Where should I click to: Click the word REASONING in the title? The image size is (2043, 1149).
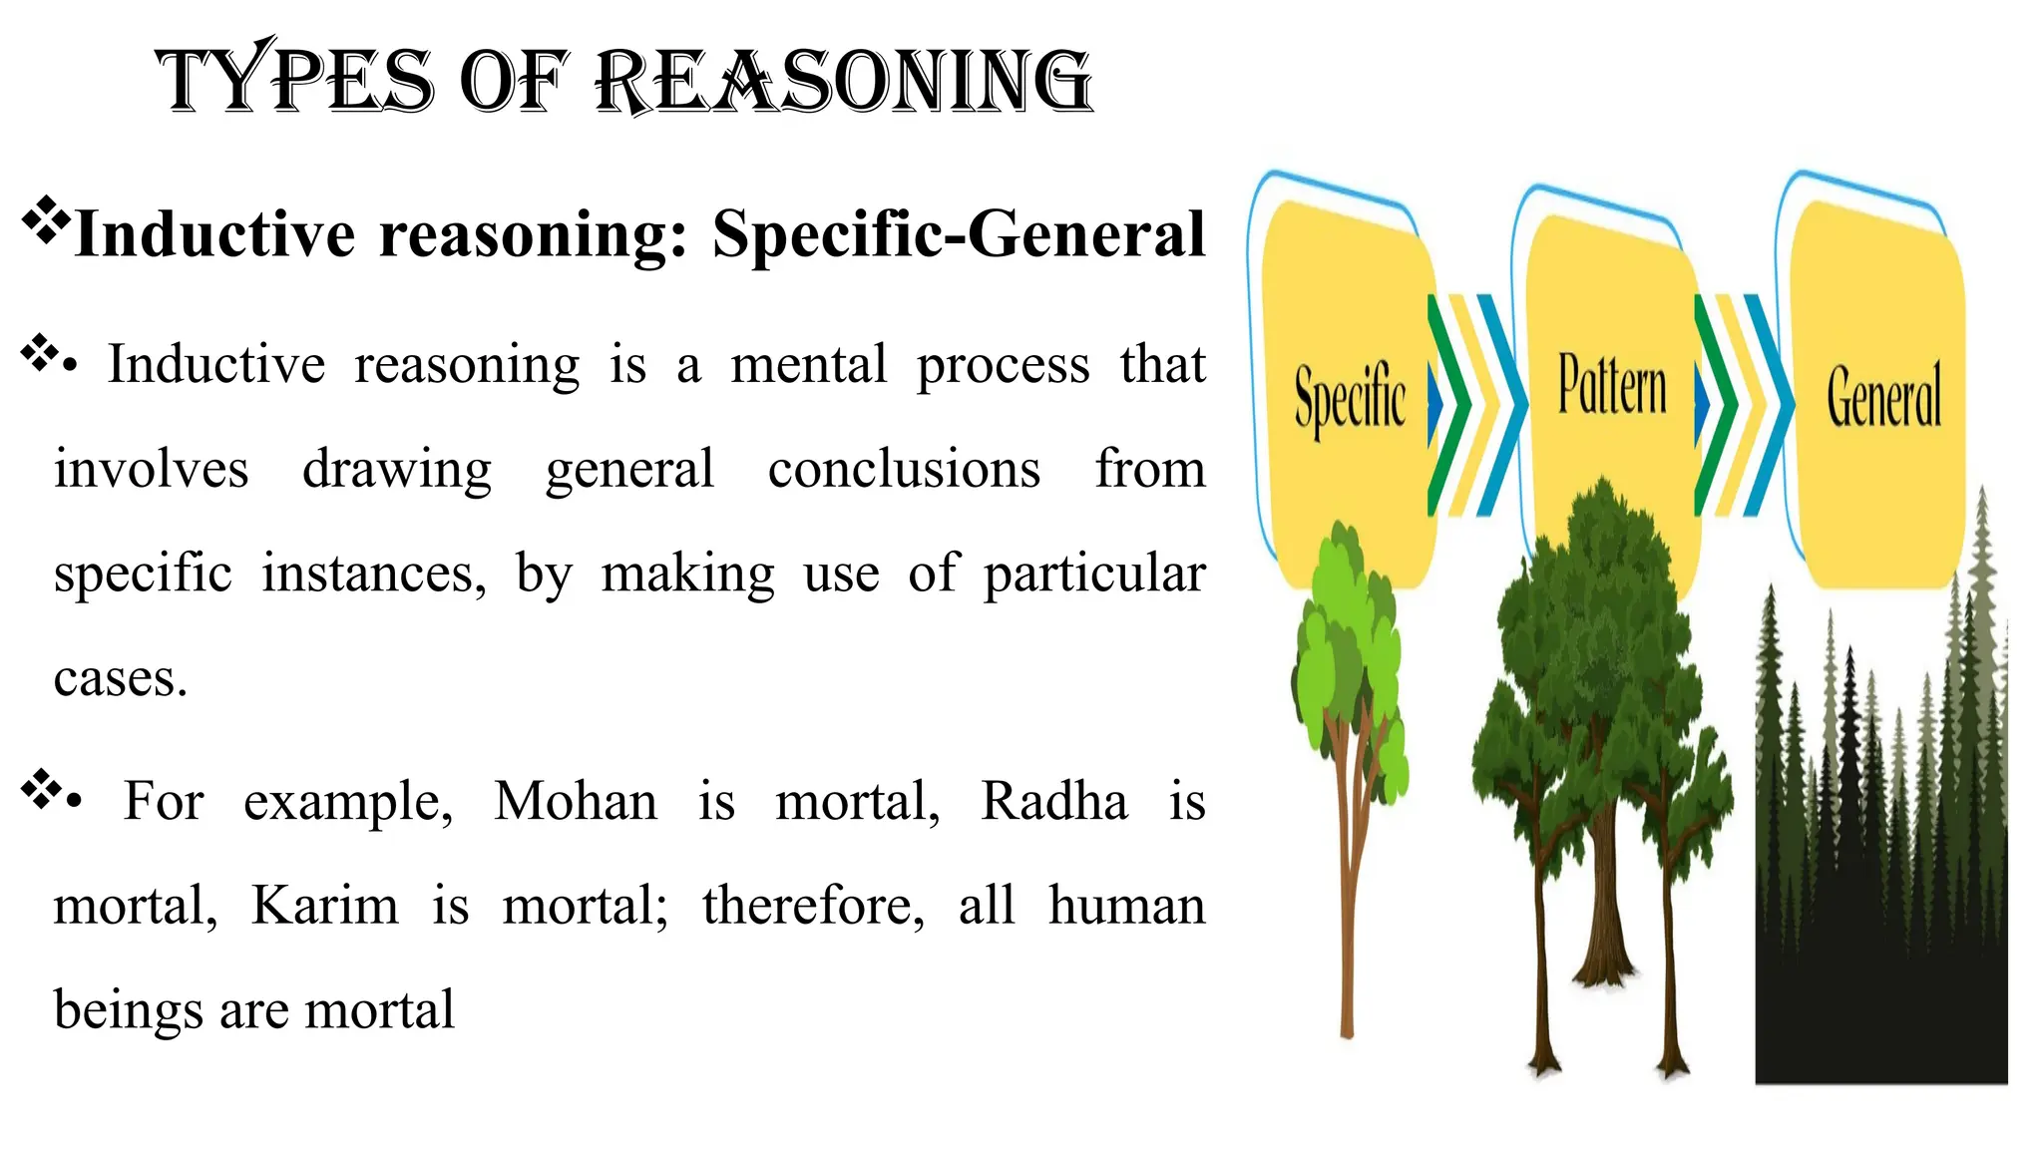(844, 81)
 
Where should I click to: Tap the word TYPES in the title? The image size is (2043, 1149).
(295, 81)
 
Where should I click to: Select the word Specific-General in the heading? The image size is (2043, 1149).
(959, 234)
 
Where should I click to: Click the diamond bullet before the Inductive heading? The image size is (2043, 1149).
(46, 220)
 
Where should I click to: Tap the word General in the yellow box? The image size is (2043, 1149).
(1883, 397)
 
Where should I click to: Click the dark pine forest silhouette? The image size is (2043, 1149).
(1880, 898)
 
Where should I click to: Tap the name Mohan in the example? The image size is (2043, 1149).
(576, 801)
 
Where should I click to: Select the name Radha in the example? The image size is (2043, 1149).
(1054, 801)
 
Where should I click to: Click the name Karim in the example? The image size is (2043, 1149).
(324, 906)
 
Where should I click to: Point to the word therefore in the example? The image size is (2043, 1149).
(813, 906)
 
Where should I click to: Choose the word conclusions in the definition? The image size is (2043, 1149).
(904, 469)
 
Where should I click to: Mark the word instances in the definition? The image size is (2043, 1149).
(374, 574)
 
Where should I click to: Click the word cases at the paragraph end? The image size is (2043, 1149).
(120, 679)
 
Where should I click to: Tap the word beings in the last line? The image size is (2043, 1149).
(125, 1010)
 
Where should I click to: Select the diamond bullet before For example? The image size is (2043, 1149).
(41, 788)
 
